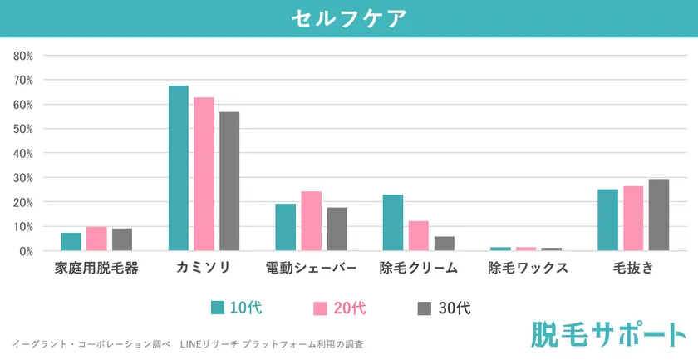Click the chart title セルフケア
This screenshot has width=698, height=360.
pyautogui.click(x=349, y=18)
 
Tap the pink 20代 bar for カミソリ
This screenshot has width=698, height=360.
pyautogui.click(x=204, y=174)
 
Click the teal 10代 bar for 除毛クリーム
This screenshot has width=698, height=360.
pyautogui.click(x=393, y=223)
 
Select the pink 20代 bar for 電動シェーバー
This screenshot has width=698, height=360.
pyautogui.click(x=312, y=221)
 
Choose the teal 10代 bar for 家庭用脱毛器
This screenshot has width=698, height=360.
pyautogui.click(x=71, y=242)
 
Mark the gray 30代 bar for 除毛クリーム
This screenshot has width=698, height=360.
pyautogui.click(x=444, y=244)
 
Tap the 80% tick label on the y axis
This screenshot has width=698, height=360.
pyautogui.click(x=22, y=56)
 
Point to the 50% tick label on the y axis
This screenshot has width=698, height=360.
pyautogui.click(x=22, y=129)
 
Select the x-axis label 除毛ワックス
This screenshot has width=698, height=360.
pyautogui.click(x=528, y=269)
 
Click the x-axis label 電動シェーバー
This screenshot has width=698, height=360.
pyautogui.click(x=312, y=269)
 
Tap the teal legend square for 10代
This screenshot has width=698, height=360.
pyautogui.click(x=219, y=308)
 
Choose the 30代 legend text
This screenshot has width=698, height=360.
pyautogui.click(x=454, y=308)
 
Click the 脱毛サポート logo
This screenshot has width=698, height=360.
pyautogui.click(x=605, y=333)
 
